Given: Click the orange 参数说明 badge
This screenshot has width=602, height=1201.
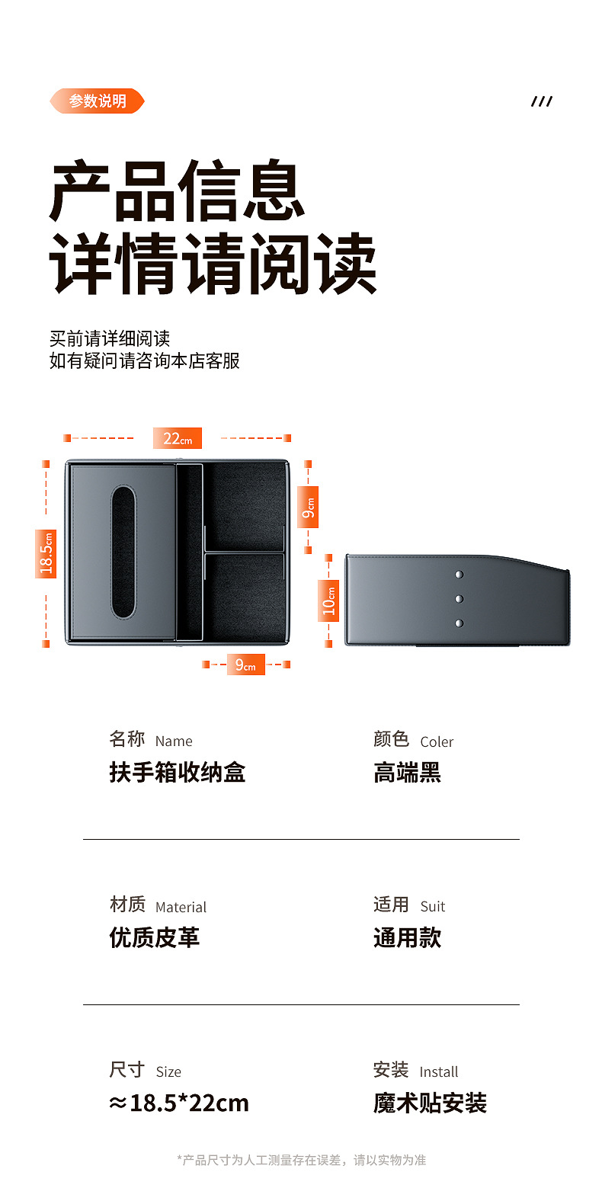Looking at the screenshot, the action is coord(97,101).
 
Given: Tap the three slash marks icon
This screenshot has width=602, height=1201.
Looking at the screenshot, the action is coord(542,101).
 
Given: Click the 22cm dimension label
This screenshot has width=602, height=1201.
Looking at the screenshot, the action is coord(178,438).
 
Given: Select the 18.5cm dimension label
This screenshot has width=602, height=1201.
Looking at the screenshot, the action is coord(46,553).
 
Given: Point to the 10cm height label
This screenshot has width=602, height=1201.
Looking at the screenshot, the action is coord(328,600).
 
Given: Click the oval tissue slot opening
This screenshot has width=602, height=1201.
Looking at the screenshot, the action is coord(123,552).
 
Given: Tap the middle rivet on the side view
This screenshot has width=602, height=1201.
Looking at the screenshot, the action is coord(459,599).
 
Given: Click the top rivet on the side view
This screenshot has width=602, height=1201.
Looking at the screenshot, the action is coord(459,575).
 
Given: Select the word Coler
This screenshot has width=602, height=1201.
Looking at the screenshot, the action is coord(437,742).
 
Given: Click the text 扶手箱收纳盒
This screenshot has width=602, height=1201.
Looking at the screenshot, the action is coord(177,773).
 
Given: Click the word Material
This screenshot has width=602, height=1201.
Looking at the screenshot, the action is coord(181,907).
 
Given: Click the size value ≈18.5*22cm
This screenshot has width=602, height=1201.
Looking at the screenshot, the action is coord(179,1103).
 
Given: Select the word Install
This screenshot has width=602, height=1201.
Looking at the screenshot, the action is coord(439,1072).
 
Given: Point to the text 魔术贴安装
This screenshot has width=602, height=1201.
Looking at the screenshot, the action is coord(430,1103).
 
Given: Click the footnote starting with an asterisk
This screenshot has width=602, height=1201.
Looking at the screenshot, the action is coord(302,1160).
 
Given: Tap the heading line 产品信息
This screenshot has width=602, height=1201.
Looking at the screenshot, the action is coord(178,191).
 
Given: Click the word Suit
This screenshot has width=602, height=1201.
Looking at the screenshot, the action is coord(432,907).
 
